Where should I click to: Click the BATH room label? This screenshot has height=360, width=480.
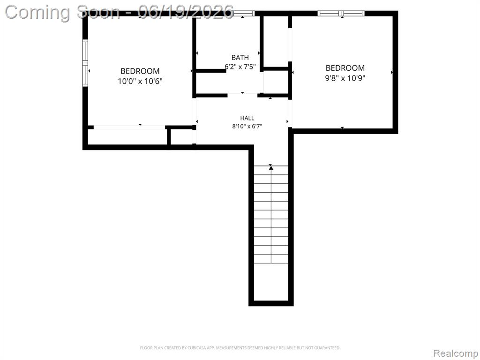(240, 57)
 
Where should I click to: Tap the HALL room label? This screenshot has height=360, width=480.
(247, 118)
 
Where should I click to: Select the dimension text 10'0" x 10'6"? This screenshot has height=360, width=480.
(140, 82)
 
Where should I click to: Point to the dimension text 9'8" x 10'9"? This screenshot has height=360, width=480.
(345, 78)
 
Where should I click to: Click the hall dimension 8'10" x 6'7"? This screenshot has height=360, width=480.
(247, 126)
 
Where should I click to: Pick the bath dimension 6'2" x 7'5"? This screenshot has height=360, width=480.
(240, 67)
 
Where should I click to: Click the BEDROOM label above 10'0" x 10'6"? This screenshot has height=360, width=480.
(140, 71)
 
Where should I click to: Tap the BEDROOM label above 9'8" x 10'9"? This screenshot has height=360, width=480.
(345, 68)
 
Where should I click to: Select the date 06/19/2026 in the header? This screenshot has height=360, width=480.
(186, 12)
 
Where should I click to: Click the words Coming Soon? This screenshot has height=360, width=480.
(62, 12)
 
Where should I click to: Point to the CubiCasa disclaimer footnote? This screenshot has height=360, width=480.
(240, 348)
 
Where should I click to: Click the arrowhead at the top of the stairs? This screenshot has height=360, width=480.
(270, 167)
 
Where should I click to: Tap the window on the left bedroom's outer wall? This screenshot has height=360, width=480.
(85, 63)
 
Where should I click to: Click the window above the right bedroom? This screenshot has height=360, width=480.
(341, 14)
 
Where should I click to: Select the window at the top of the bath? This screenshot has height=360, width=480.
(244, 14)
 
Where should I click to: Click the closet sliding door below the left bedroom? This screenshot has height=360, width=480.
(129, 127)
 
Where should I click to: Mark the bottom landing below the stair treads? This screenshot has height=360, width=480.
(271, 282)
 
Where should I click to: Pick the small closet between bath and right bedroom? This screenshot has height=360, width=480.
(276, 82)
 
